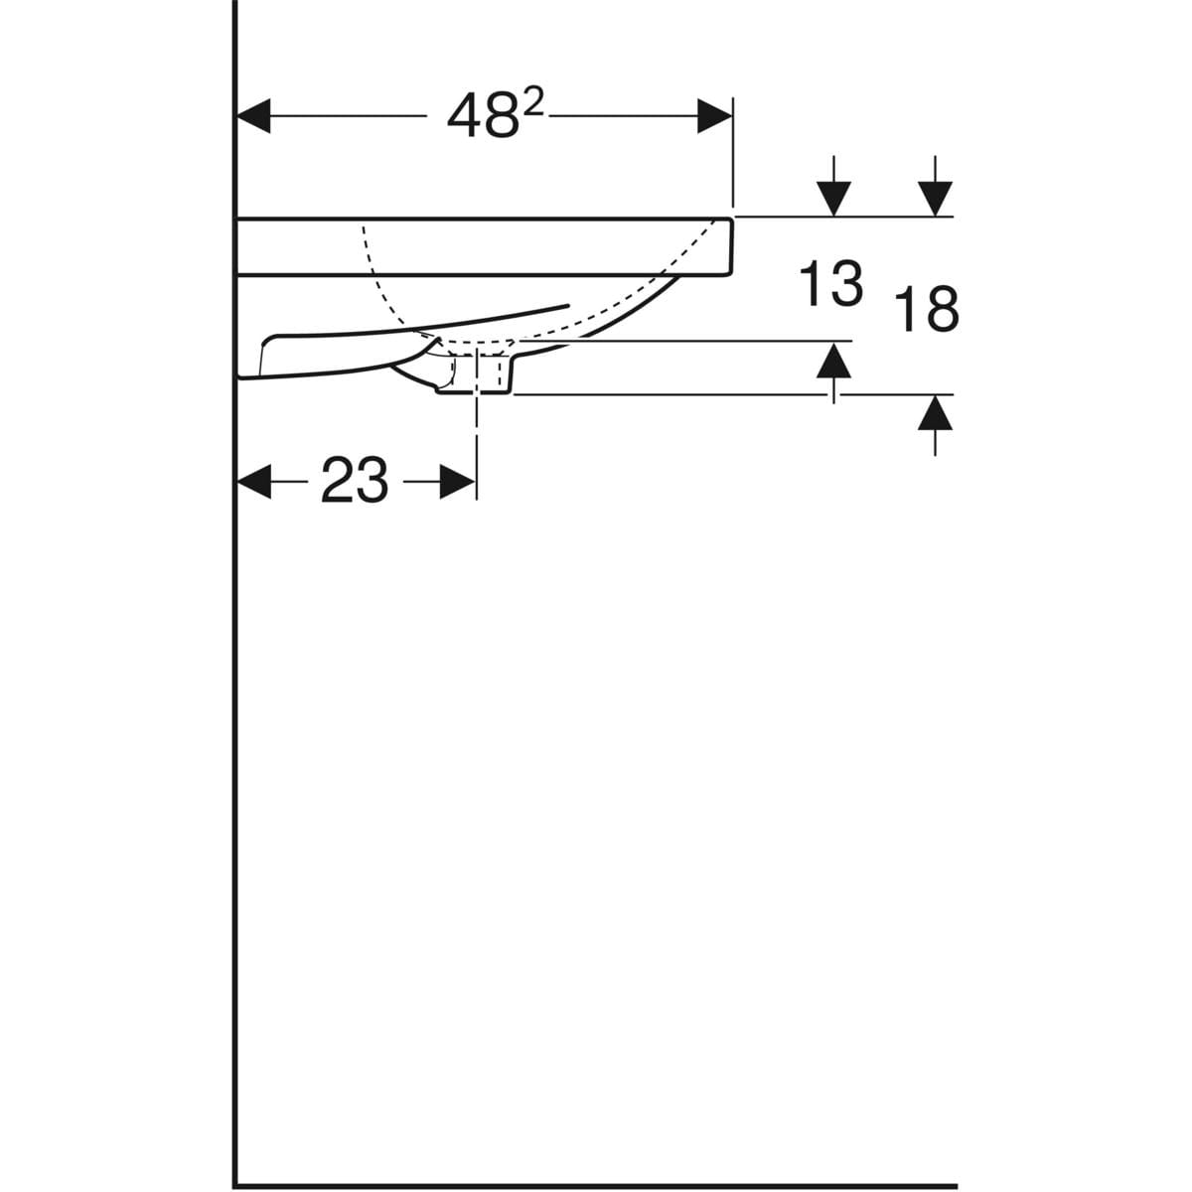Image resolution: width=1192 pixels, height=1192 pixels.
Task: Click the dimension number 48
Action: [x=483, y=116]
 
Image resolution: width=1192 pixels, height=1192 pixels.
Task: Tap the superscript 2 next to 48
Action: [x=532, y=104]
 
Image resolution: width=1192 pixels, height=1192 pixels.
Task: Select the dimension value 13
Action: [x=830, y=283]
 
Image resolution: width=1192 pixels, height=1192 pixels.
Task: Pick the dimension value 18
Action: [x=927, y=309]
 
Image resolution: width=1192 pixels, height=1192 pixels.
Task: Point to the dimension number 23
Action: [x=355, y=480]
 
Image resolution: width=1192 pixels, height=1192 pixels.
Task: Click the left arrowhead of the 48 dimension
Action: [x=253, y=115]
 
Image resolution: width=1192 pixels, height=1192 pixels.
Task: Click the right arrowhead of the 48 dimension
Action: [x=714, y=115]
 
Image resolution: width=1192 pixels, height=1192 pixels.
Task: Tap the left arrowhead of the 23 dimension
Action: [x=253, y=481]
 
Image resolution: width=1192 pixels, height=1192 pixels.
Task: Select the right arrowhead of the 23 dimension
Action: [x=458, y=481]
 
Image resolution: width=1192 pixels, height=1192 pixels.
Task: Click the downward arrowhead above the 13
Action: [x=833, y=200]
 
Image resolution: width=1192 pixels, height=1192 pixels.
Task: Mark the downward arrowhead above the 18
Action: [x=935, y=200]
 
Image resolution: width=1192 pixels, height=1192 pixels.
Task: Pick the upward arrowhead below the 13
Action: [x=833, y=360]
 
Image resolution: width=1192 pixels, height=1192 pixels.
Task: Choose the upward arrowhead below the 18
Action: [x=935, y=412]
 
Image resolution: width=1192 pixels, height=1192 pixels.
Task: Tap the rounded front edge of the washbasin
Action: [x=730, y=246]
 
